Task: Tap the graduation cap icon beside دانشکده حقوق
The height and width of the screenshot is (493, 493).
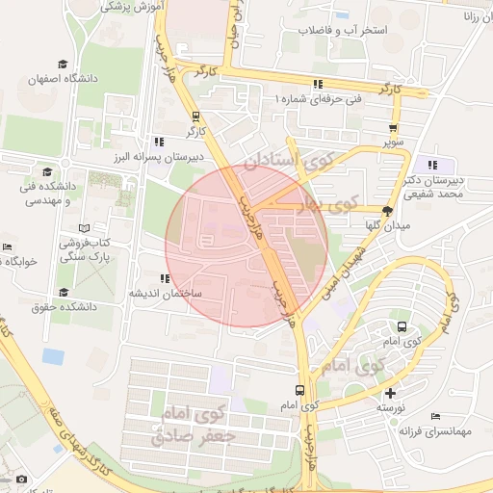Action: click(x=64, y=292)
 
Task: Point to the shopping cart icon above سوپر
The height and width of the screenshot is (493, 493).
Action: click(x=393, y=127)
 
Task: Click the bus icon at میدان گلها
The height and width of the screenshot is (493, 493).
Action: click(x=388, y=210)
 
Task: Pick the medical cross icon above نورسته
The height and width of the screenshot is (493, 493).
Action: click(x=390, y=393)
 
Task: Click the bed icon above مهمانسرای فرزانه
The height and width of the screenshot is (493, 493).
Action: click(x=437, y=417)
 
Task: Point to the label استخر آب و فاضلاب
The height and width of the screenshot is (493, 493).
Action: click(x=342, y=31)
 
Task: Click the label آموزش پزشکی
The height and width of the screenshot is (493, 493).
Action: click(x=134, y=6)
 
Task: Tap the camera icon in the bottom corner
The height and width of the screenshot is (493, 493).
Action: click(x=22, y=479)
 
